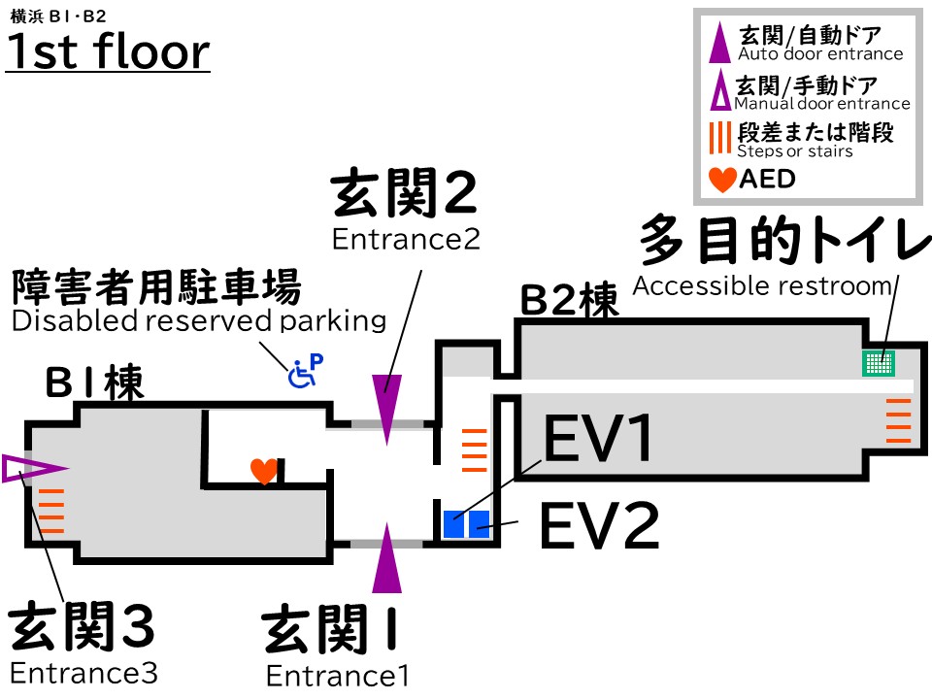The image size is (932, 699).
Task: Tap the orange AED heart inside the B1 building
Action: coord(263,471)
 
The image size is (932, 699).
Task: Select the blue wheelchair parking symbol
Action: coord(305,371)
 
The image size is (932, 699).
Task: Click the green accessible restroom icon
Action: coord(879,363)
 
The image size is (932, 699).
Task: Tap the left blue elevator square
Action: coord(453,524)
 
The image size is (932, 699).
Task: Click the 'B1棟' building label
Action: coord(94,384)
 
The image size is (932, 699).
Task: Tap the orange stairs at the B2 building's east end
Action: coord(899,420)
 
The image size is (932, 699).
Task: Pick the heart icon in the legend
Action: coord(723,180)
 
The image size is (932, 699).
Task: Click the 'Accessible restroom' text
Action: coord(761,286)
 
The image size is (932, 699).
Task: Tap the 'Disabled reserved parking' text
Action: coord(198,321)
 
